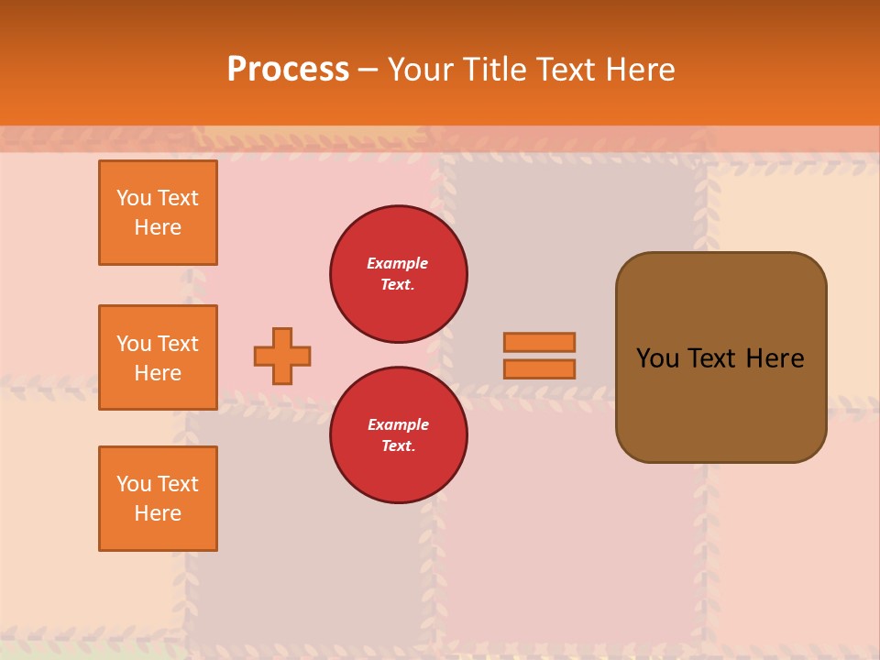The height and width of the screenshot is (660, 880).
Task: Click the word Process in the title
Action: point(288,70)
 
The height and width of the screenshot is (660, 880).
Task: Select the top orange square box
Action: point(158,213)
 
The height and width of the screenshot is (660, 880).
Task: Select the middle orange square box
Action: point(158,357)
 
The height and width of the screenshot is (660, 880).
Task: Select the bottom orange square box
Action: point(158,499)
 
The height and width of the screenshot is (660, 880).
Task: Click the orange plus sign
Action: point(282,356)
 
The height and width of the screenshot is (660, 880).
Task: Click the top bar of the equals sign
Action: point(539,342)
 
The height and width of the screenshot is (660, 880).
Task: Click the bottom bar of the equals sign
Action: point(539,368)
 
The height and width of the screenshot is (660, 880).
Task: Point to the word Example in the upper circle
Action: point(397,263)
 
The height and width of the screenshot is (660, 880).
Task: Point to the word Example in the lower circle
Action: point(398,424)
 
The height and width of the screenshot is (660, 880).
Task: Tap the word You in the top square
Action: point(134,198)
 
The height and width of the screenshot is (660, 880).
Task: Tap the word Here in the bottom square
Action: point(158,513)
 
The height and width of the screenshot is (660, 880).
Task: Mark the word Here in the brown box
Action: point(775,358)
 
